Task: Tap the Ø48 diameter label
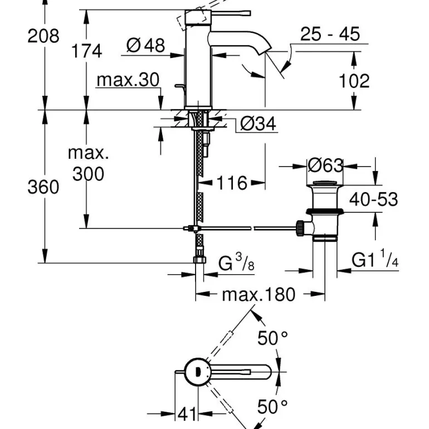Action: pos(146,46)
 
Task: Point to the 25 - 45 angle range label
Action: pos(330,35)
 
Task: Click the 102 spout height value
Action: pos(354,81)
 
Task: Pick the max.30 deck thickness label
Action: pos(128,80)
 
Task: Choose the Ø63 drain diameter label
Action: pos(325,165)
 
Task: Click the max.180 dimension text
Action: pos(259,294)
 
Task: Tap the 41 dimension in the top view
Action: pos(187,413)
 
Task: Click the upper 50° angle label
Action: pos(272,338)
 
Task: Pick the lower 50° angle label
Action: pos(272,407)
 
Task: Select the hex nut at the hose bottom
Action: pos(199,261)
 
